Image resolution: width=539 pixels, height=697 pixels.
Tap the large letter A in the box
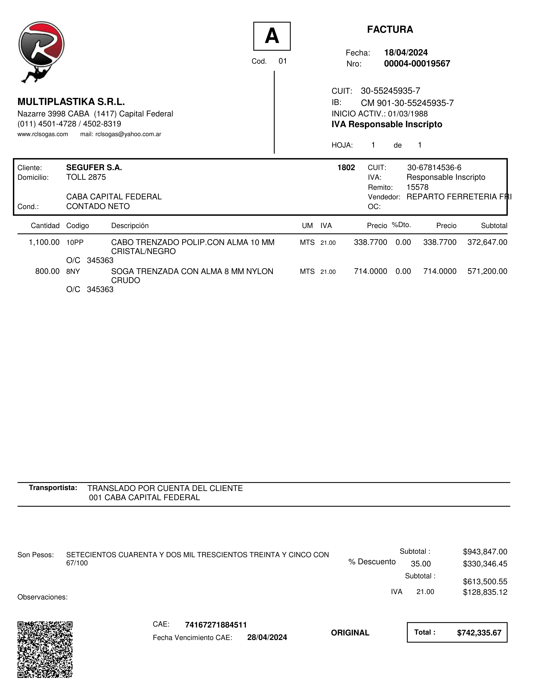click(x=272, y=36)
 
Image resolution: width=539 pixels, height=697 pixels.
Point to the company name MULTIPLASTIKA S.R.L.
click(x=71, y=102)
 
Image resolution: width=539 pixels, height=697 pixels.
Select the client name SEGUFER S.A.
click(x=94, y=168)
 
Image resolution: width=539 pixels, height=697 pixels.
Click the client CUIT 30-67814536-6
click(x=434, y=168)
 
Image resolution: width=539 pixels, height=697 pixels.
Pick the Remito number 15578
click(x=417, y=187)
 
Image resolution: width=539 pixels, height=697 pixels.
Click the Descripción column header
click(x=130, y=226)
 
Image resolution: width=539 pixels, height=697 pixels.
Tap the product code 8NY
click(x=73, y=272)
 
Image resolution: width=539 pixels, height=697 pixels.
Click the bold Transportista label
click(x=53, y=488)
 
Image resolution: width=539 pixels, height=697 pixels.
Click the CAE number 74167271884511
click(x=216, y=625)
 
